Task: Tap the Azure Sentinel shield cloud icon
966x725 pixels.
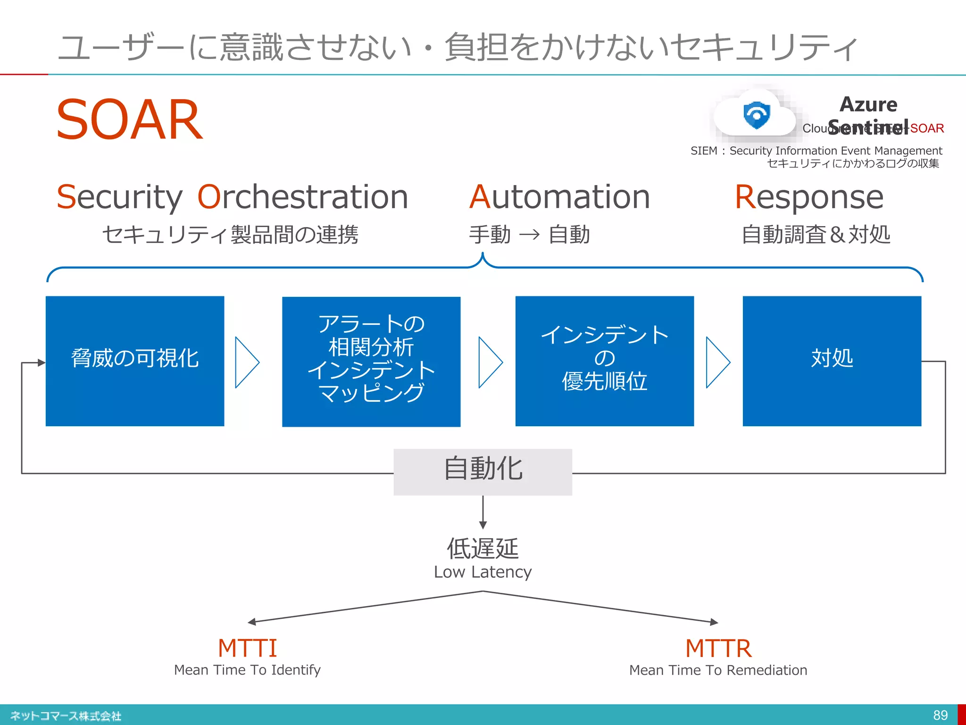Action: pyautogui.click(x=756, y=115)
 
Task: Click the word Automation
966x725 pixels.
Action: pyautogui.click(x=559, y=197)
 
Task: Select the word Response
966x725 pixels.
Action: pyautogui.click(x=809, y=197)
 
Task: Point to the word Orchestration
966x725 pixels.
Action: pyautogui.click(x=302, y=197)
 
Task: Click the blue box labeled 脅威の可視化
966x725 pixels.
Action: pyautogui.click(x=135, y=361)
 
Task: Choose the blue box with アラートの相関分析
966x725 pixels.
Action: pyautogui.click(x=371, y=362)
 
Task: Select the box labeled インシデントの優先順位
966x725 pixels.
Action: pyautogui.click(x=604, y=361)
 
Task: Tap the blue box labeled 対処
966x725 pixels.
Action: pyautogui.click(x=832, y=361)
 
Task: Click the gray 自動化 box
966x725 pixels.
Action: pyautogui.click(x=483, y=472)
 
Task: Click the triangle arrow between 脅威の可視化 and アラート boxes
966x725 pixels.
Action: pyautogui.click(x=246, y=362)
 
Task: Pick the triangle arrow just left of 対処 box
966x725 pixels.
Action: pyautogui.click(x=717, y=362)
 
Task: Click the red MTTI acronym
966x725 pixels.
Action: pyautogui.click(x=247, y=648)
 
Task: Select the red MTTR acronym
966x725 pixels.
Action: pyautogui.click(x=718, y=648)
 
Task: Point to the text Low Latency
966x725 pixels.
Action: pyautogui.click(x=483, y=572)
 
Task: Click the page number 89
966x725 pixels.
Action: pyautogui.click(x=940, y=715)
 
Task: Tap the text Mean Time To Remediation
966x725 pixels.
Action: pyautogui.click(x=718, y=670)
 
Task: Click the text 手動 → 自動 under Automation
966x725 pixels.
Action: pyautogui.click(x=529, y=235)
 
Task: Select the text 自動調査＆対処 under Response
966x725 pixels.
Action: pyautogui.click(x=816, y=235)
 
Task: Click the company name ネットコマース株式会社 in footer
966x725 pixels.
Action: pyautogui.click(x=66, y=716)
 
